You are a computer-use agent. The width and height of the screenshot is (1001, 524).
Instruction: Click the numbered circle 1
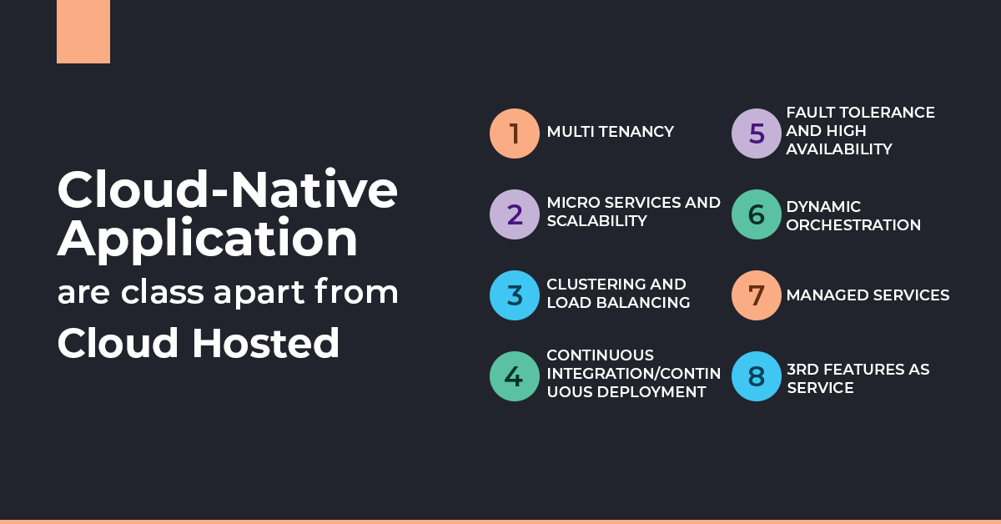point(515,134)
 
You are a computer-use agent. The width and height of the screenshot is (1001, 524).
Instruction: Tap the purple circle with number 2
point(515,214)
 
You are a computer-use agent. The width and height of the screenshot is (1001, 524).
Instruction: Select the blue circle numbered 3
point(515,295)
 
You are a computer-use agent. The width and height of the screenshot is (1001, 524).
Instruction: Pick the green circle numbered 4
point(515,376)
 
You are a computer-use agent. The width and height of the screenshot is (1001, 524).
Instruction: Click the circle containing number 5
point(757,134)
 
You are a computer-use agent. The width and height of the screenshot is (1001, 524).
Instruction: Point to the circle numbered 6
point(757,214)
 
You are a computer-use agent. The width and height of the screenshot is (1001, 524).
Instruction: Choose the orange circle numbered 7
point(757,295)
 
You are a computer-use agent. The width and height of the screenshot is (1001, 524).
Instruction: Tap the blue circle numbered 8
point(757,376)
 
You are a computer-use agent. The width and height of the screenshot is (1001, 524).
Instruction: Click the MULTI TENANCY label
point(610,132)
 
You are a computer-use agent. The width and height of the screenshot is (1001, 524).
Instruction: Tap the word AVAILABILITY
point(839,149)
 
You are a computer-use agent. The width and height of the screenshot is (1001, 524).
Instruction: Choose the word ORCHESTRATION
point(853,225)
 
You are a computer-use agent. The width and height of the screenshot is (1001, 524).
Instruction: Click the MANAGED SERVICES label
point(868,295)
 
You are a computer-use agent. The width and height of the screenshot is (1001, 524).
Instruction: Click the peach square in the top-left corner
point(83,32)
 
